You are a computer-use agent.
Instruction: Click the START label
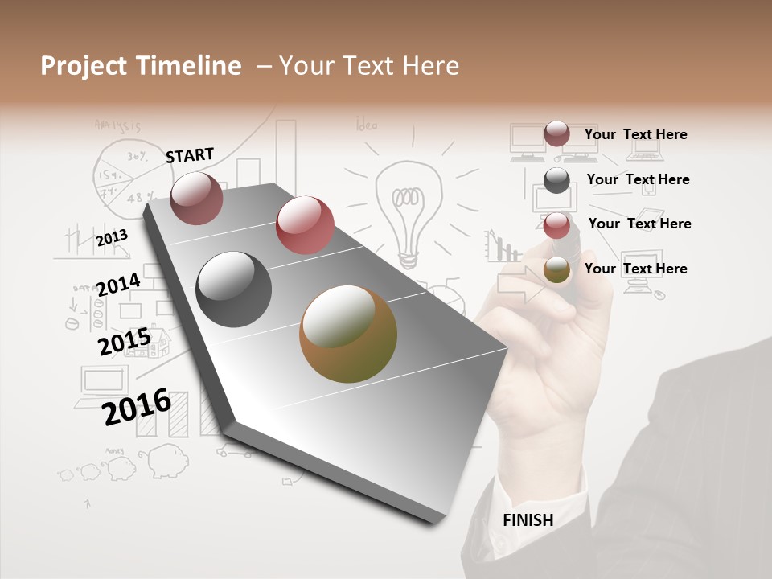click(190, 154)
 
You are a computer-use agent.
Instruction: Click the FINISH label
click(528, 520)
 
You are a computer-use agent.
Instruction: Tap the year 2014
click(118, 285)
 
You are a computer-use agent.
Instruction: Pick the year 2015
click(124, 342)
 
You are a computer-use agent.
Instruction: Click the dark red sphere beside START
click(196, 198)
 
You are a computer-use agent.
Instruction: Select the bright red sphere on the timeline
click(305, 225)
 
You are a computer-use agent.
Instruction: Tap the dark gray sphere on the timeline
click(234, 289)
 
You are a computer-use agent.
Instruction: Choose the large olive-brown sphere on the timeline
click(347, 334)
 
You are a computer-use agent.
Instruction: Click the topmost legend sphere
click(556, 133)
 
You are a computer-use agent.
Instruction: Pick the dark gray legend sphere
click(556, 180)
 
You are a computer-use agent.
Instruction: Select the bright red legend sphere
click(556, 225)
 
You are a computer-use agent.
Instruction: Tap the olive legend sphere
click(556, 270)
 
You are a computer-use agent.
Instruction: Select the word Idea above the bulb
click(366, 125)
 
